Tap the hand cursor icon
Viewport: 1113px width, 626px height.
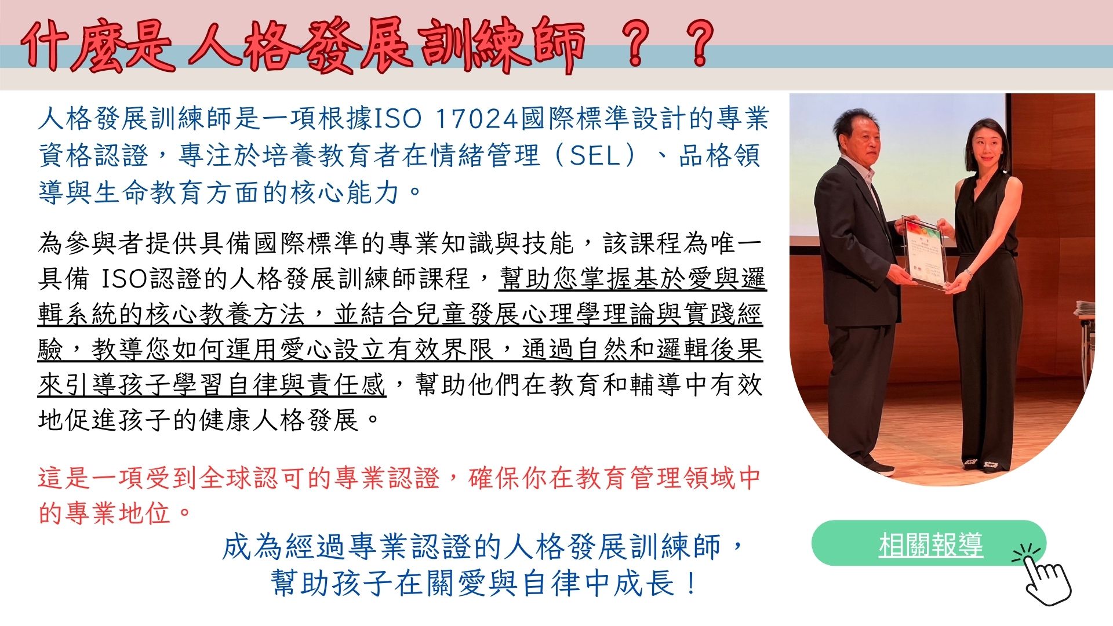[1043, 575]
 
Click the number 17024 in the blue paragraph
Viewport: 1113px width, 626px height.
[475, 119]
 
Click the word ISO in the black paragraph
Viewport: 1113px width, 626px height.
[125, 279]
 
